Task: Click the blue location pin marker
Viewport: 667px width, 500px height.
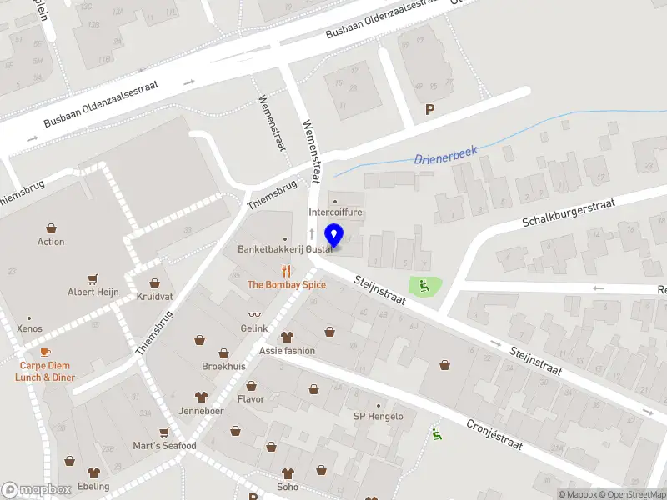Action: [x=333, y=236]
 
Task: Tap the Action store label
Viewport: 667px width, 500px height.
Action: [x=51, y=242]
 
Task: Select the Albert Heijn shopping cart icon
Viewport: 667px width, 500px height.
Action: [x=93, y=279]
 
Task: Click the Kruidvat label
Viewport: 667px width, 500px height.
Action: [x=154, y=296]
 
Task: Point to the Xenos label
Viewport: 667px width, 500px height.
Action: [x=29, y=329]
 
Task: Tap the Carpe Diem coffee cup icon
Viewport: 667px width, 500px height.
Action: [x=45, y=352]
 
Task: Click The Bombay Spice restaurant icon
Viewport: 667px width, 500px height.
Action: [x=287, y=271]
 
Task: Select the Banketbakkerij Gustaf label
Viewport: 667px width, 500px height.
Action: [x=284, y=249]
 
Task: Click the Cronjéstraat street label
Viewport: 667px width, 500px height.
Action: [x=494, y=434]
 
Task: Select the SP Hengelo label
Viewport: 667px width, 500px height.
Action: [x=378, y=417]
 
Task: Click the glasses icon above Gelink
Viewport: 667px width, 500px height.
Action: [x=254, y=315]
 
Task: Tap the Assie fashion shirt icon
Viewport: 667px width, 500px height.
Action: [x=288, y=337]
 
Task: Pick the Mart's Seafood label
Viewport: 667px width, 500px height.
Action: [x=164, y=446]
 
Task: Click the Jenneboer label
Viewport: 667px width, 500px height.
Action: [x=201, y=410]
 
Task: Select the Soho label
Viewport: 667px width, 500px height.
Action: [x=288, y=487]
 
